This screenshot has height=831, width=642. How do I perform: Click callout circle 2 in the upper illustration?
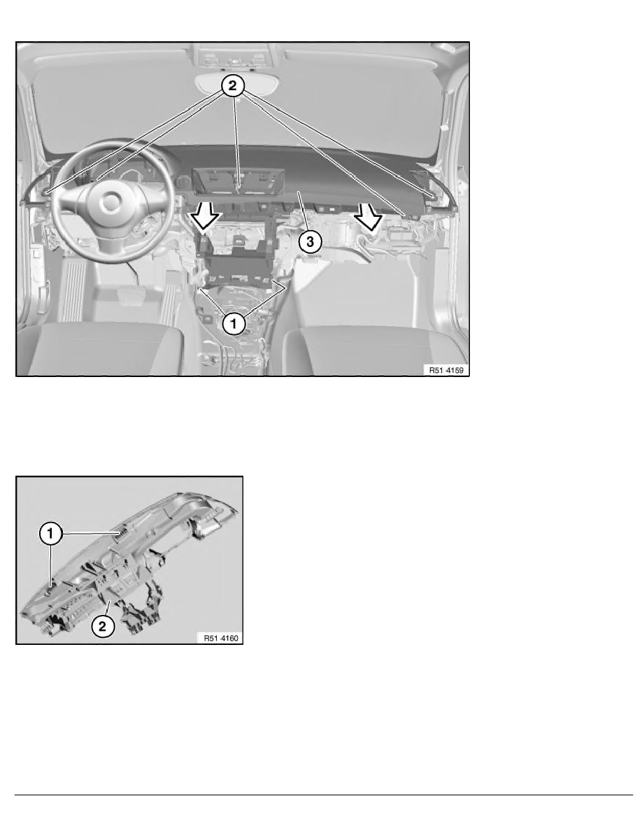235,86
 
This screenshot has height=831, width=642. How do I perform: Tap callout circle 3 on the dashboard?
310,242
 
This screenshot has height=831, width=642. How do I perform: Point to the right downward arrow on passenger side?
368,216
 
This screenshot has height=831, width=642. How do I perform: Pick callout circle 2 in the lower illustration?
102,625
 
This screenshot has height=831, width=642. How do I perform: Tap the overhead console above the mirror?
235,52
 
